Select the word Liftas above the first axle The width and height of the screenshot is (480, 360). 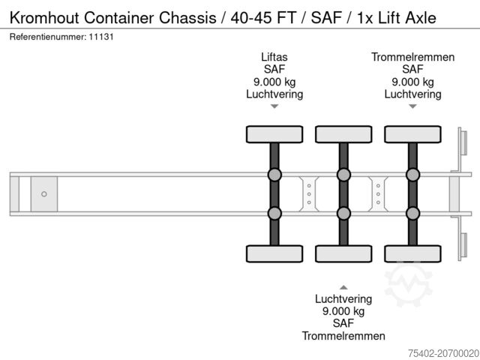[x=274, y=57]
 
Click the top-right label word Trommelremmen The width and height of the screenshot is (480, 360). [x=412, y=57]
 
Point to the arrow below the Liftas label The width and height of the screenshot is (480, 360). [x=274, y=106]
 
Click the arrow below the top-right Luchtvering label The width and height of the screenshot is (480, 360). [x=412, y=106]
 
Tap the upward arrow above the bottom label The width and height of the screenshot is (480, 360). [x=343, y=286]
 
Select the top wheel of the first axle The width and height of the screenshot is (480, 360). [x=274, y=134]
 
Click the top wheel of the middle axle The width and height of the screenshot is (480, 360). [x=343, y=134]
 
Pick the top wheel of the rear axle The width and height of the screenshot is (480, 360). [x=412, y=134]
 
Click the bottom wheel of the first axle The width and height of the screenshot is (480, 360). [x=274, y=253]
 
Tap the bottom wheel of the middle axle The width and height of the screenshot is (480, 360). [x=343, y=253]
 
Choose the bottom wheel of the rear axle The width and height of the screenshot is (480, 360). [x=412, y=253]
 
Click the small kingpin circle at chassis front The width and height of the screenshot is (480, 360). [x=43, y=194]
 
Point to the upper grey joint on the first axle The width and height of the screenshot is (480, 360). [x=274, y=175]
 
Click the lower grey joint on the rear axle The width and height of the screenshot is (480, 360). [x=412, y=213]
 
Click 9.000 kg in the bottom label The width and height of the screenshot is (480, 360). [x=343, y=310]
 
